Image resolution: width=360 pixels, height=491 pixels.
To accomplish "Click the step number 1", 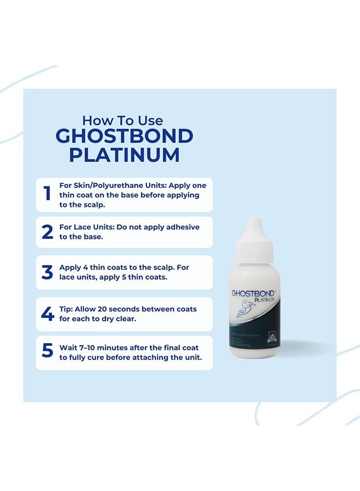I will click(x=47, y=194).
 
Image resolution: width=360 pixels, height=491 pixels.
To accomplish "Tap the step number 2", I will click(x=47, y=231).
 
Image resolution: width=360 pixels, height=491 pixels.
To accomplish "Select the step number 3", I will click(x=47, y=272).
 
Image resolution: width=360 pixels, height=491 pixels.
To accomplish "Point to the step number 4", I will click(x=47, y=314).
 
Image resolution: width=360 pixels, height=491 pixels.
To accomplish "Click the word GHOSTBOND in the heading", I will click(x=124, y=136).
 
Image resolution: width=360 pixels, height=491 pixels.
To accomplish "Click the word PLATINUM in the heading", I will click(x=124, y=155).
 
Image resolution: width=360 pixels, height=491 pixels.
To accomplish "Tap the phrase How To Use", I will click(x=123, y=120).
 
